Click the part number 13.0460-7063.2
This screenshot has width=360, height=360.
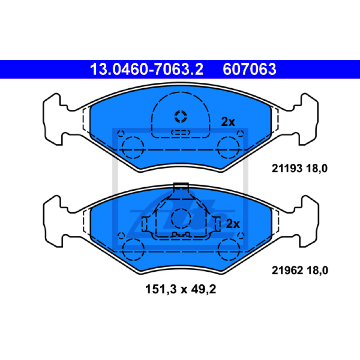(x=147, y=69)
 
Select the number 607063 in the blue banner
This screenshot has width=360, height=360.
(x=249, y=69)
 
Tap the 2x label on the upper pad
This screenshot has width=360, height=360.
(x=228, y=121)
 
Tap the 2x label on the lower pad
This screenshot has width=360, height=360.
(x=233, y=224)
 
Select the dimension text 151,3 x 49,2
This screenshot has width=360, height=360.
(x=181, y=289)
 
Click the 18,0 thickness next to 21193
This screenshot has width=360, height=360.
(x=317, y=169)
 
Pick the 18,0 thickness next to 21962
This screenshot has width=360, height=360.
(x=317, y=271)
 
